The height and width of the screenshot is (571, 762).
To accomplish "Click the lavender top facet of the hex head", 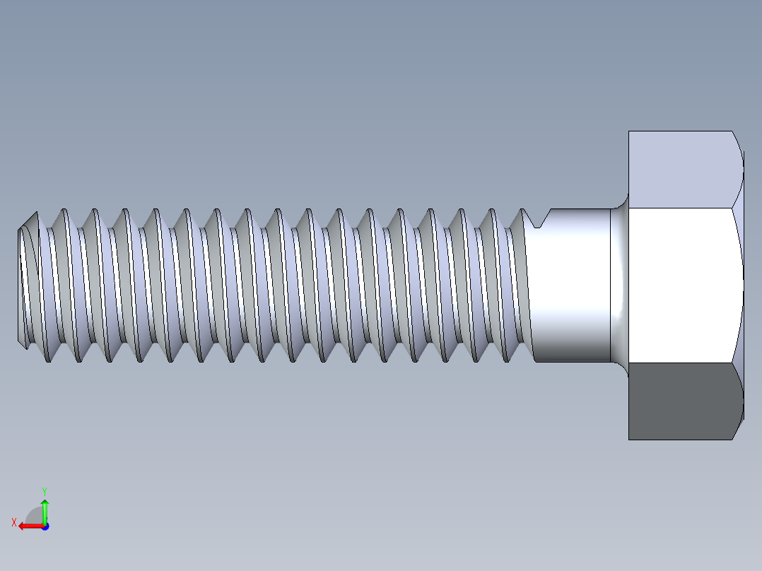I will [x=682, y=170].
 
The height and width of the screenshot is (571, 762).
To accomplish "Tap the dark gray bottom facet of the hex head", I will [x=682, y=401].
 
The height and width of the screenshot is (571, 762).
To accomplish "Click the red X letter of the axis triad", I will [x=13, y=522].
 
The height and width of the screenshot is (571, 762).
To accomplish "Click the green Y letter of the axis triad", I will [x=44, y=490].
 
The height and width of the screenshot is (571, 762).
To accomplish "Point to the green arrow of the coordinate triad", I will [x=45, y=509].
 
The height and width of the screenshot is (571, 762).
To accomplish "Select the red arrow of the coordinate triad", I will [x=28, y=526].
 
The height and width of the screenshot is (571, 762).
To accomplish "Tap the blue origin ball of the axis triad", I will [x=45, y=526].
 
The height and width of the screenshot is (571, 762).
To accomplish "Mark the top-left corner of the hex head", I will [x=629, y=131].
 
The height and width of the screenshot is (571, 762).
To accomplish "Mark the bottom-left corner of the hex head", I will [x=629, y=439].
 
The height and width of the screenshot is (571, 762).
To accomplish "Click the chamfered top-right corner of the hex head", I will [x=739, y=145].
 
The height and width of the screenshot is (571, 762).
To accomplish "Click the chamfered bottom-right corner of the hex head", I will [x=739, y=426].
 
